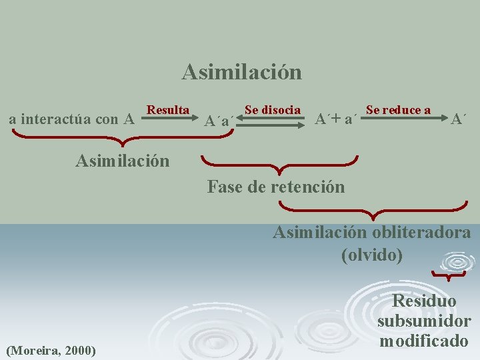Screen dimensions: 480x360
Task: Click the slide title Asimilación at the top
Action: click(241, 71)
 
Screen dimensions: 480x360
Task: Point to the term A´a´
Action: click(219, 121)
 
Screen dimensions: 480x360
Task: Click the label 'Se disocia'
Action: click(272, 109)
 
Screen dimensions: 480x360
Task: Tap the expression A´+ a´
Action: click(337, 120)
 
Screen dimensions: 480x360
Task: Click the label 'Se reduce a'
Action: click(398, 109)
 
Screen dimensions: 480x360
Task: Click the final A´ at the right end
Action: click(458, 120)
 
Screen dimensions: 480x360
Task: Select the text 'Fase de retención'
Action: click(276, 187)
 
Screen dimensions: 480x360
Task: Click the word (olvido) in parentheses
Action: click(371, 255)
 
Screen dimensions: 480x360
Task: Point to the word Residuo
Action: click(424, 301)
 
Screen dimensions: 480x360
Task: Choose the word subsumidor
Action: click(424, 321)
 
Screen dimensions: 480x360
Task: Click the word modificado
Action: click(424, 341)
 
